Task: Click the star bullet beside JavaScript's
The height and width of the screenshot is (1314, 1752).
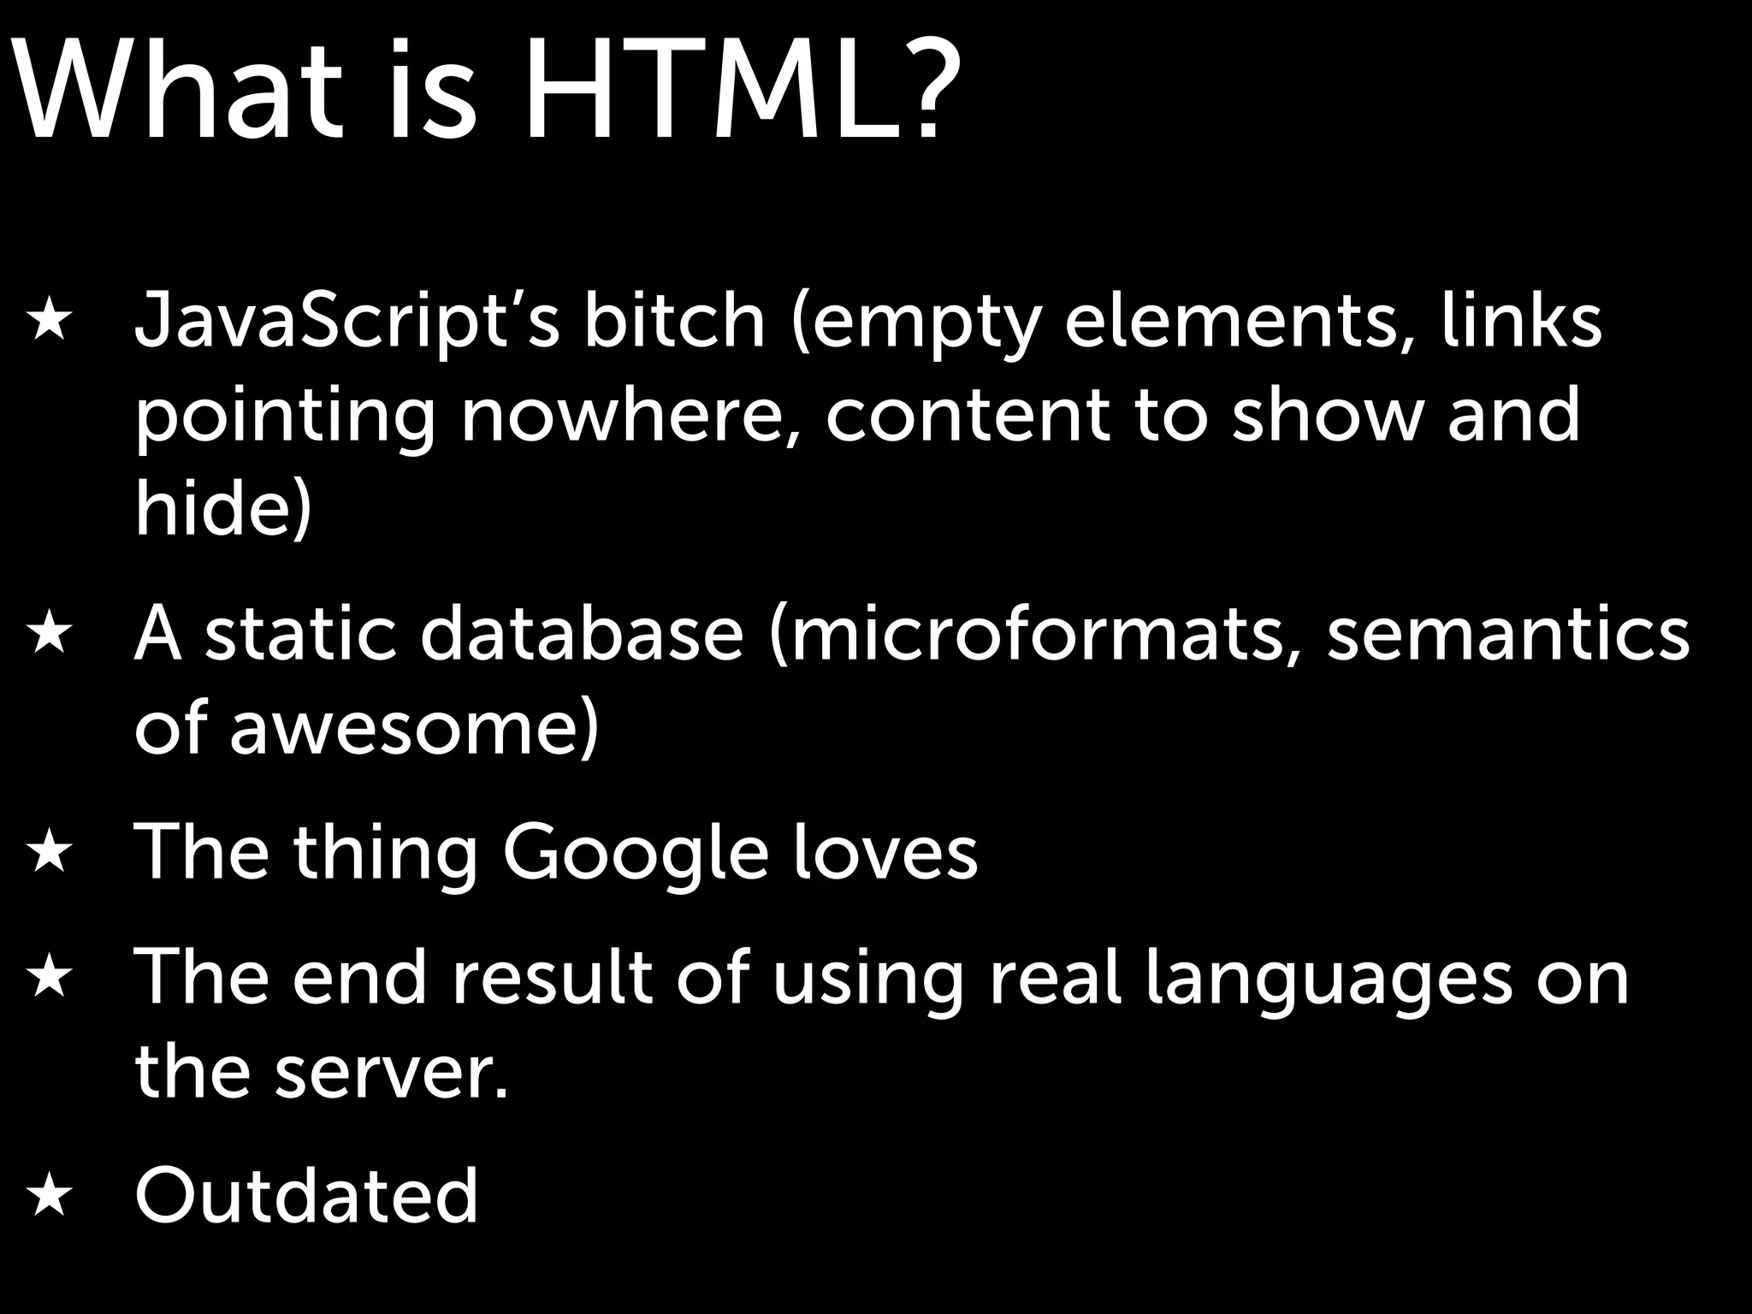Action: click(48, 324)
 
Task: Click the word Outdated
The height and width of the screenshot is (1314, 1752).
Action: click(305, 1195)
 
